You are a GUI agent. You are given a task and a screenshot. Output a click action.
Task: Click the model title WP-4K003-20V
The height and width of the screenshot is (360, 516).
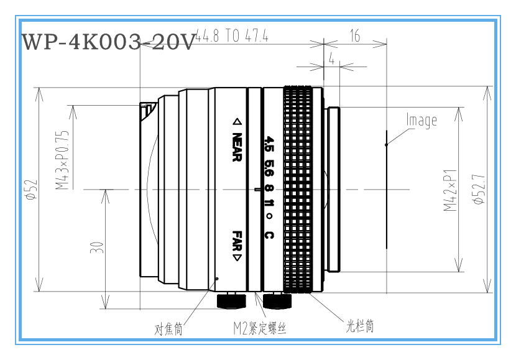pos(109,42)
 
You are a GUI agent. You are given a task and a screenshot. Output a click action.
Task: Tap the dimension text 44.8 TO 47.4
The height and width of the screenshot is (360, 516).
pos(232,35)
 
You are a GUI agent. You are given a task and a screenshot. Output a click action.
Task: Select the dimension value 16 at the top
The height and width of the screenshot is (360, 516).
pos(355,35)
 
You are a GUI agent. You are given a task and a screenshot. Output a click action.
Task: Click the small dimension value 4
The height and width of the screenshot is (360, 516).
pos(332,58)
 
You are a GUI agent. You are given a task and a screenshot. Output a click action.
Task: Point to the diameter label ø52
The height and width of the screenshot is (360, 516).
pos(32,190)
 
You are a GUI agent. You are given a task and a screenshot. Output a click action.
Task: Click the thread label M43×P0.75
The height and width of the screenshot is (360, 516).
pos(62,160)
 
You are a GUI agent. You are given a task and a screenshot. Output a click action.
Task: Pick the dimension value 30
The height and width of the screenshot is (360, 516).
pos(96,247)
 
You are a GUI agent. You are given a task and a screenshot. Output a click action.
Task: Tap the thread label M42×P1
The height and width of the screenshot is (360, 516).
pos(450,190)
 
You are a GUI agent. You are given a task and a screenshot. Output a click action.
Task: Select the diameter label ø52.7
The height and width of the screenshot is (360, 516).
pos(479,189)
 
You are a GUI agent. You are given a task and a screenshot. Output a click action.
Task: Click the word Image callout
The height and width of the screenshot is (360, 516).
pos(422,120)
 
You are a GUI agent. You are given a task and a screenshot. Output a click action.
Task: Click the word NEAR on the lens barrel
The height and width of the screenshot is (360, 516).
pos(237,147)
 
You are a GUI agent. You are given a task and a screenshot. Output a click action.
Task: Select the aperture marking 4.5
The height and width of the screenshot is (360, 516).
pos(269,144)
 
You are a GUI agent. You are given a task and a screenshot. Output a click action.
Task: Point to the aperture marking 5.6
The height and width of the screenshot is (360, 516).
pos(269,168)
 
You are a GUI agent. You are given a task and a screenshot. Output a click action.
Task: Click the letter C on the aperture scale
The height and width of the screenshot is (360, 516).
pos(269,235)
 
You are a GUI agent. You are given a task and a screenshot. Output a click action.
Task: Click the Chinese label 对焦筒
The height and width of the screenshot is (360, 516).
pos(168,328)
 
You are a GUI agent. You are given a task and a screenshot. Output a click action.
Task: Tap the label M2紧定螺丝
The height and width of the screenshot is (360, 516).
pos(260,328)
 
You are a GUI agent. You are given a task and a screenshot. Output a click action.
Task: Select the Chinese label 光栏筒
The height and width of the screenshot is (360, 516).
pos(360,326)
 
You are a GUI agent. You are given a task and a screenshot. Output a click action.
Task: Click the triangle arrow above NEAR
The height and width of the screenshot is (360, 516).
pos(237,122)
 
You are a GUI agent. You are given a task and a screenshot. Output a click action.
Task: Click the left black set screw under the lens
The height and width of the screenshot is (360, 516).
pos(231,301)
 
